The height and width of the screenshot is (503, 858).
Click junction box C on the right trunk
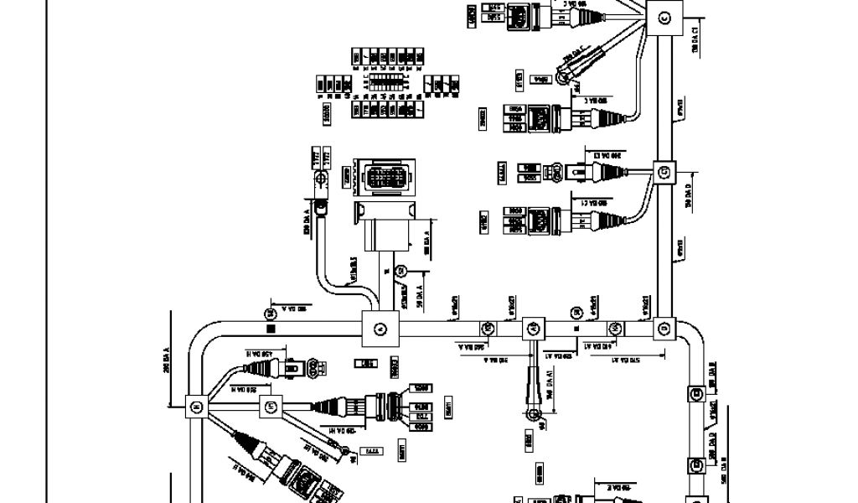coord(664,17)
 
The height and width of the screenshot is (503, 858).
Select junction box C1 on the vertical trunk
coord(664,172)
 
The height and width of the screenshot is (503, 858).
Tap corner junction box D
coord(664,328)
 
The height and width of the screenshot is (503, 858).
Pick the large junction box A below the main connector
coord(379,328)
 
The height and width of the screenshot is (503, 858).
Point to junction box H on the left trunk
coord(196,407)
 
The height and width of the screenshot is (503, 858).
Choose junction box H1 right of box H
coord(269,407)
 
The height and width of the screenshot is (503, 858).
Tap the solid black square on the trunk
coord(271,329)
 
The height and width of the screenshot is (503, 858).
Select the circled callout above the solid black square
coord(270,314)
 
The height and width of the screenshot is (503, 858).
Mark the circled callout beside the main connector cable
coord(401,270)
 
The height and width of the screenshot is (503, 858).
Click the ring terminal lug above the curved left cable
coord(318,179)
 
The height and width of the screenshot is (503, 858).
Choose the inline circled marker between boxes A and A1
coord(488,328)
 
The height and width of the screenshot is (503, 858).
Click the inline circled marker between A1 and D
coord(615,328)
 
